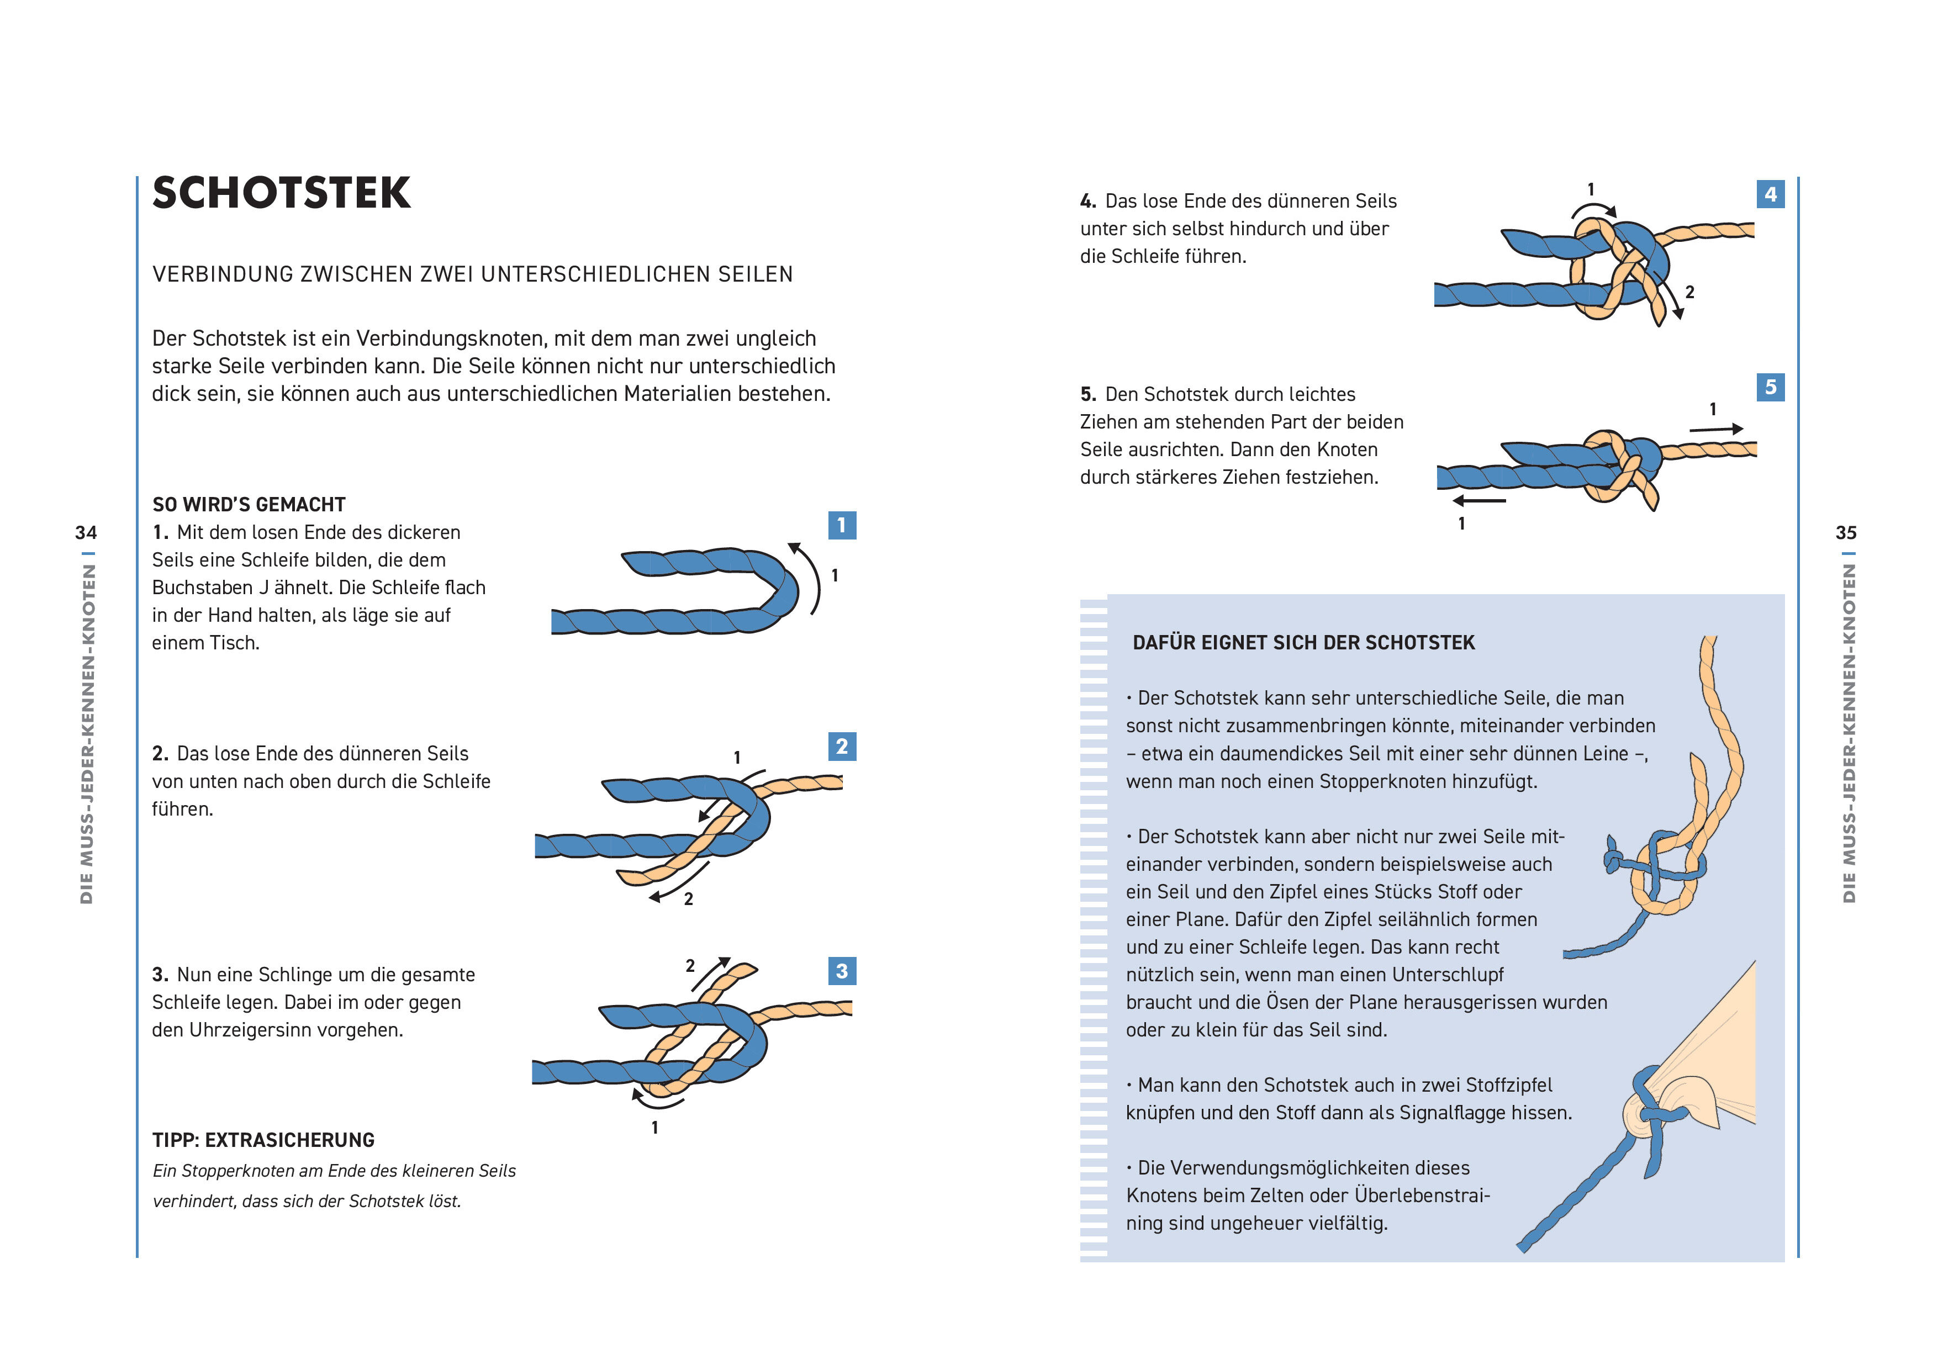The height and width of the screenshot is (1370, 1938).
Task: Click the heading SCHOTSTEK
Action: [281, 193]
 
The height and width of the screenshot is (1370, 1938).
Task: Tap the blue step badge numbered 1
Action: [842, 525]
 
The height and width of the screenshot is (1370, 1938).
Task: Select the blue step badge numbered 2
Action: [842, 746]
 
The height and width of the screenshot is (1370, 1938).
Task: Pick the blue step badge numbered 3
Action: [842, 971]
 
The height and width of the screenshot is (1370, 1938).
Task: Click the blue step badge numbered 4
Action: [1770, 194]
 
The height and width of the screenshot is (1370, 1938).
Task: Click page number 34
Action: [86, 533]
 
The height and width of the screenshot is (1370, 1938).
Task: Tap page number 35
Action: [1846, 533]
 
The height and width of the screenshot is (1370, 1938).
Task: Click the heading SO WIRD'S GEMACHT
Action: [249, 505]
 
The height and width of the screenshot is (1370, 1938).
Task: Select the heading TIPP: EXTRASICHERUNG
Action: [263, 1140]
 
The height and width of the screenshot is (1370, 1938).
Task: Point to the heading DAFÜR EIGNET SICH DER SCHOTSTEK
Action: [1303, 643]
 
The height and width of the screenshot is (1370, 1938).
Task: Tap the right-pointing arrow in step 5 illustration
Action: [1716, 429]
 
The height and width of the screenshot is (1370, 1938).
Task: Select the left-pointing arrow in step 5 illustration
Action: [1480, 500]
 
